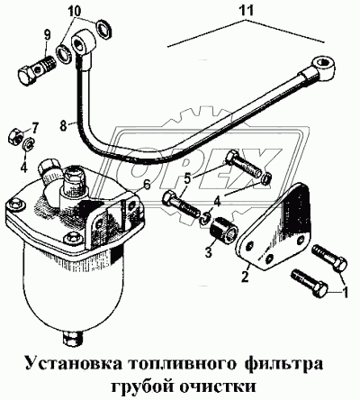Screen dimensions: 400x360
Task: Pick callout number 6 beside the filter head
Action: [x=145, y=185]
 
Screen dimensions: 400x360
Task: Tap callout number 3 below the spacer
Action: [x=209, y=253]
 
